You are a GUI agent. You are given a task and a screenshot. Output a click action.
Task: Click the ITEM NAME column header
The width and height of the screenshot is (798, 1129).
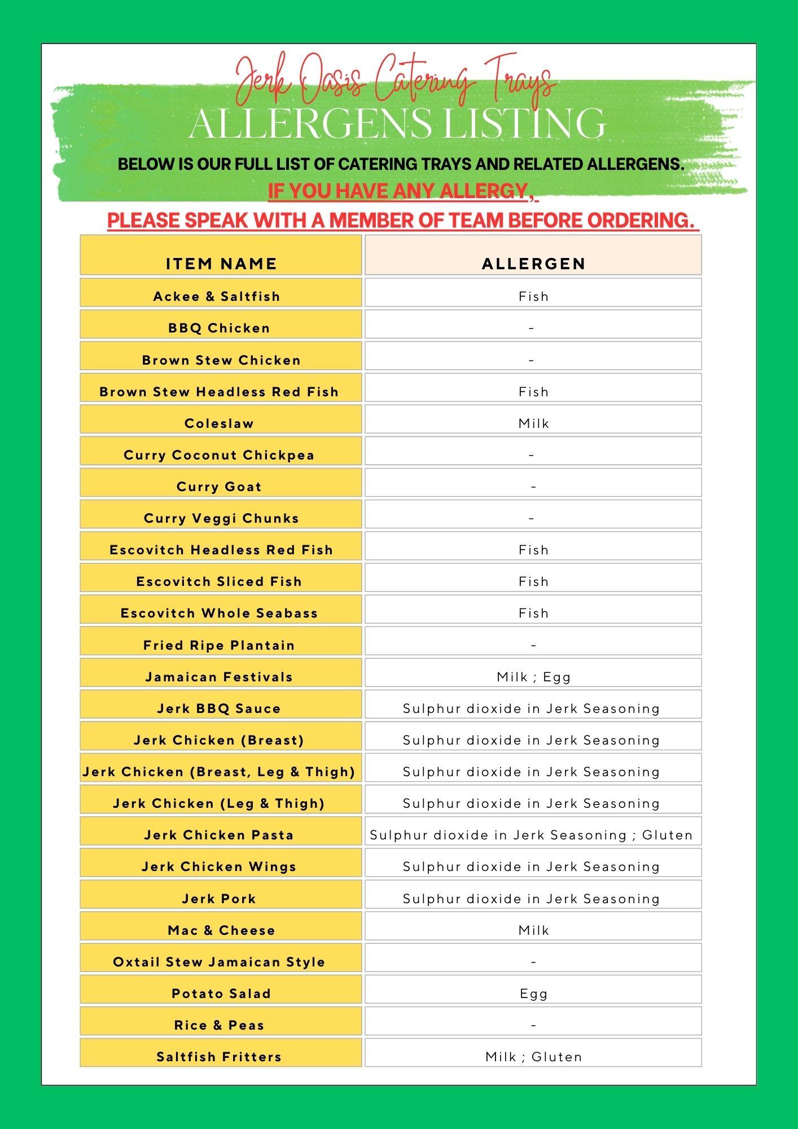point(221,264)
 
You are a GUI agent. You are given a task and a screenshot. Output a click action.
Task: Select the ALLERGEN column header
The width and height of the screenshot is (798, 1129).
point(533,264)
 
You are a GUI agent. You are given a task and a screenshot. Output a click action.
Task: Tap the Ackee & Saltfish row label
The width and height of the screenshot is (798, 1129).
point(217,296)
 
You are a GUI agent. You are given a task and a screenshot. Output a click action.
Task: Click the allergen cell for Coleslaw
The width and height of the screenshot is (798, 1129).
point(533,423)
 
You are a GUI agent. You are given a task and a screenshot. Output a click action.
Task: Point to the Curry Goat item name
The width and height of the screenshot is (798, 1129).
point(219,487)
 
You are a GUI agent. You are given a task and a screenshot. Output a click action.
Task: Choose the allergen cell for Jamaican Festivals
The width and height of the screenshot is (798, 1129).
point(533,677)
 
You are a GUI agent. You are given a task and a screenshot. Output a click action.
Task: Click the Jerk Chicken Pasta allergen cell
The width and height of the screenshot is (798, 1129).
point(531,835)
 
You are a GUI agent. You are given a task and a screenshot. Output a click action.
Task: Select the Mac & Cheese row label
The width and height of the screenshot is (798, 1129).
point(221,930)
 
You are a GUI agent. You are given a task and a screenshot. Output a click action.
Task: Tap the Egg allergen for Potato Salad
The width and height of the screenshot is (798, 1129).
point(533,994)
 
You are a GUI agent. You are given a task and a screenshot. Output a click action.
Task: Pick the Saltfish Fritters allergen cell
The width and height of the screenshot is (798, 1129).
point(533,1057)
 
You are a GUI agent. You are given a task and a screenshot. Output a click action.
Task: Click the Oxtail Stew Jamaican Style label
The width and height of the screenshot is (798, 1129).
point(219,962)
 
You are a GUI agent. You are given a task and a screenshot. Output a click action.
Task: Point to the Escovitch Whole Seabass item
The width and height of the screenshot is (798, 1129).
point(219,613)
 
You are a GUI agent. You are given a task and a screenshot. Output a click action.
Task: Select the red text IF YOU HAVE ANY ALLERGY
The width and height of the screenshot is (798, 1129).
point(398,191)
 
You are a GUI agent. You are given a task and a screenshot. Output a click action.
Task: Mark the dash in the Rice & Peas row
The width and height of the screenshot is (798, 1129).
point(533,1025)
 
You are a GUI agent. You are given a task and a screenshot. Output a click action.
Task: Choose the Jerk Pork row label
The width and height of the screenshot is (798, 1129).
point(219,899)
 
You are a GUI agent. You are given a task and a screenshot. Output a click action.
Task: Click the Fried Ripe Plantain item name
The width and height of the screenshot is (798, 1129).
point(219,645)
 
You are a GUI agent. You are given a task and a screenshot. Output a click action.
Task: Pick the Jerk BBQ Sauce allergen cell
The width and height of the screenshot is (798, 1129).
point(531,708)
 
